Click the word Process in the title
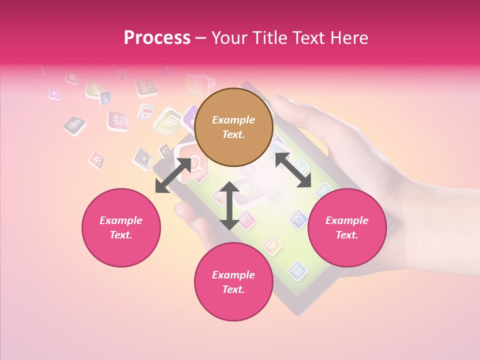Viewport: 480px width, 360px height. tap(157, 38)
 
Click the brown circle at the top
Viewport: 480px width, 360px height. tap(233, 127)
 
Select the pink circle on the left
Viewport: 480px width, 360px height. tap(121, 227)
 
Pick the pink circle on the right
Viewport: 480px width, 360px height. tap(347, 227)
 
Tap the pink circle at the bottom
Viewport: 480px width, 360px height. tap(233, 282)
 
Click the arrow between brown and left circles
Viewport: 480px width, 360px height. tap(173, 175)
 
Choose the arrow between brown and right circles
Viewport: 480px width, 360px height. tap(293, 170)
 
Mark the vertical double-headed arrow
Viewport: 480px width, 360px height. tap(229, 205)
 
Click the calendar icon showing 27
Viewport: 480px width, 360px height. tap(146, 111)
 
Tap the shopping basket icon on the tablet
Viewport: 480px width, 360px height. tap(298, 270)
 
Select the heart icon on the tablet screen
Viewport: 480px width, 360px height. tap(272, 245)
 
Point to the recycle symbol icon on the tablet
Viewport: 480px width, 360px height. tap(298, 218)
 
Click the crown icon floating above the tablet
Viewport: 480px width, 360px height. tap(118, 120)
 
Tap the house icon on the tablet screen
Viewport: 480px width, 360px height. tap(245, 219)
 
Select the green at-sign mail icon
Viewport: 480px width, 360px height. tap(168, 121)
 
